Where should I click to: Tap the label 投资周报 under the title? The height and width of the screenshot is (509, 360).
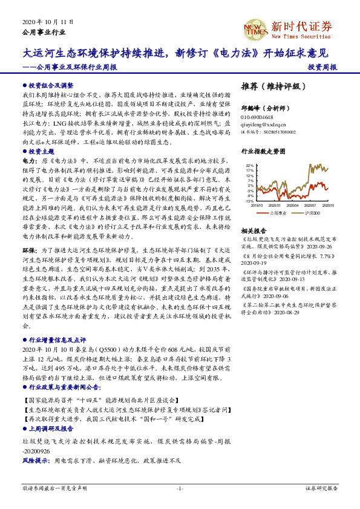(x=322, y=68)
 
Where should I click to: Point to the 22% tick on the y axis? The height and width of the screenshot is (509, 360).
(x=250, y=165)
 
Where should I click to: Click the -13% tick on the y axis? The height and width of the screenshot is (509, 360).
(x=250, y=201)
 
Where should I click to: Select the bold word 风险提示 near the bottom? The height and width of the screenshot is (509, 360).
(x=36, y=461)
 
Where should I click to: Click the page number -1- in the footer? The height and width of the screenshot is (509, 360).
(x=180, y=488)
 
